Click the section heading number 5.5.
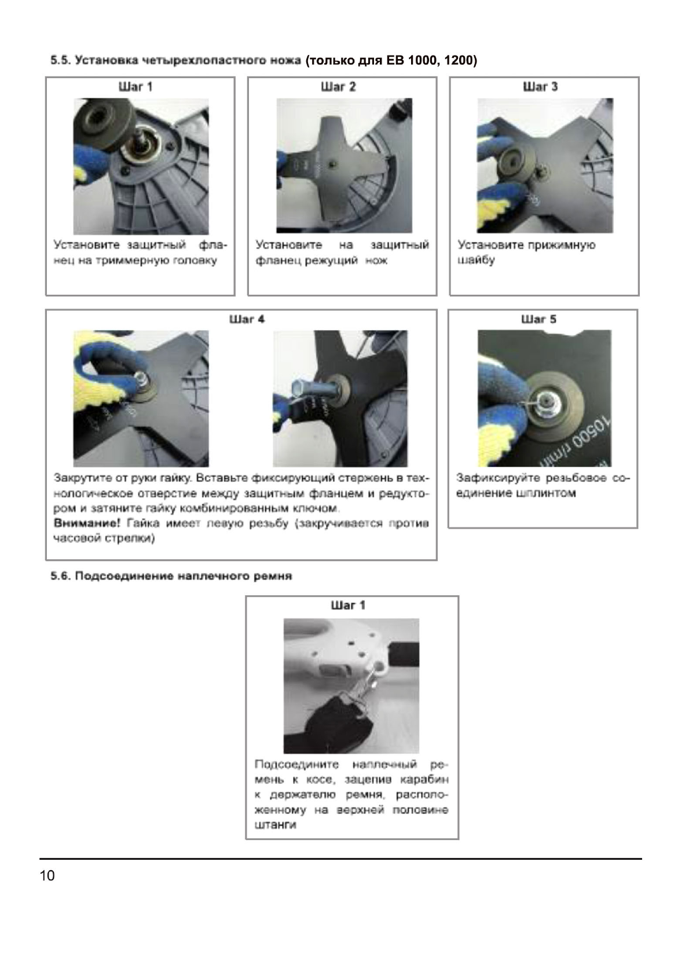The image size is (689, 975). (x=59, y=60)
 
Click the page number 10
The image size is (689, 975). (x=47, y=875)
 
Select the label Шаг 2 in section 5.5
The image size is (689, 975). (x=338, y=87)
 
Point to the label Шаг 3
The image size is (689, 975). (x=540, y=87)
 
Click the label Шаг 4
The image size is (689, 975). (x=247, y=319)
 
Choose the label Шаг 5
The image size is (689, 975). (x=538, y=319)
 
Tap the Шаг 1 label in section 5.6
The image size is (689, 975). (x=348, y=605)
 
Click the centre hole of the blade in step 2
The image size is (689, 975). (x=332, y=165)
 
